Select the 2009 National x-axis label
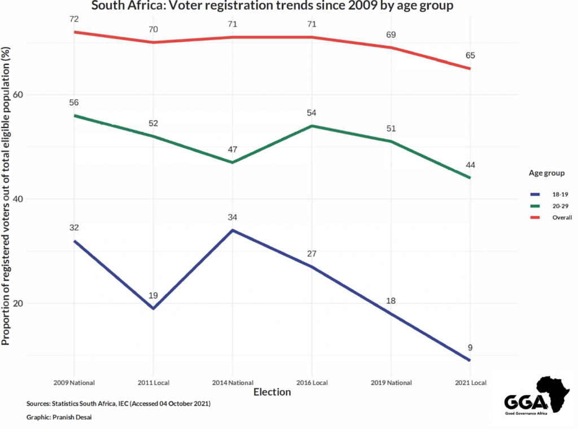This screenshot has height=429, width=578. (73, 382)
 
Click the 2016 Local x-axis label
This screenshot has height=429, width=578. (312, 382)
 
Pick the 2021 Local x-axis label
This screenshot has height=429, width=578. (470, 382)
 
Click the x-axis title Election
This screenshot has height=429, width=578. (272, 392)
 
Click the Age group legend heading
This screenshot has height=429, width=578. (546, 173)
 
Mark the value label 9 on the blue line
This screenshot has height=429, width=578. (470, 347)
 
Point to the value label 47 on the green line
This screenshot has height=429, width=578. (233, 149)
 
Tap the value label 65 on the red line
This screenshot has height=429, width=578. (470, 55)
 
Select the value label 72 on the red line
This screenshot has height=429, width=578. (73, 19)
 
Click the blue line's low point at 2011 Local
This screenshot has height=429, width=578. (153, 308)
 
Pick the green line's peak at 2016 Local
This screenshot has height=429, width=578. (312, 126)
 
